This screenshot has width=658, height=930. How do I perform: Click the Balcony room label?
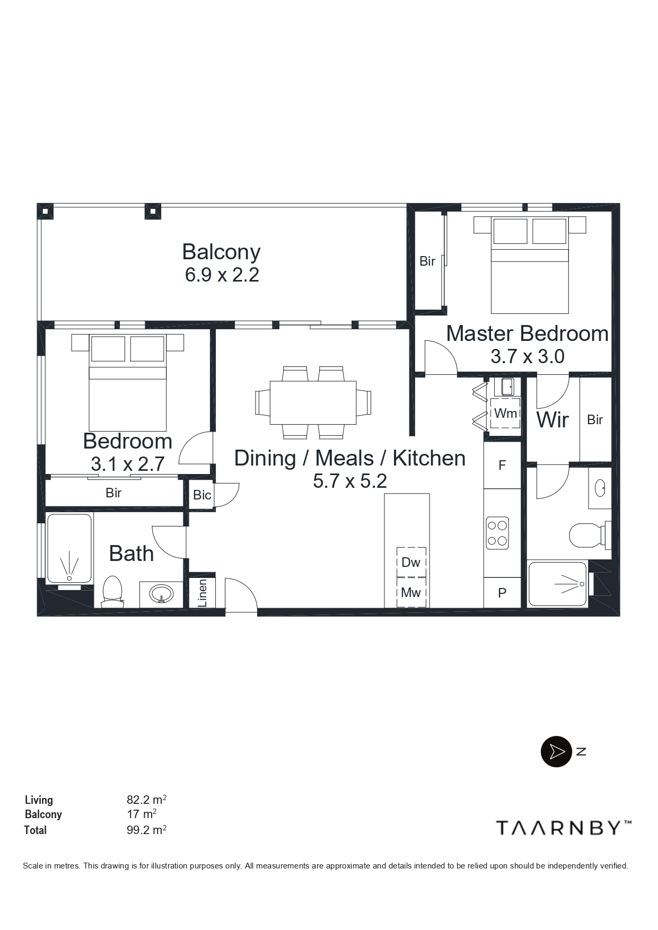(221, 252)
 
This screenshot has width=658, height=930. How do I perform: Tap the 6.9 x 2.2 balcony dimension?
(222, 275)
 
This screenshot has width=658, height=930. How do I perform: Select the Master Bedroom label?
(527, 334)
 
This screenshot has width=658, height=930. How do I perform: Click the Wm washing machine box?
(505, 413)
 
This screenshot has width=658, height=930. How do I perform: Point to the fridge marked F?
(502, 465)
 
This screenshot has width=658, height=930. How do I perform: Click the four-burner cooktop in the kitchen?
(497, 533)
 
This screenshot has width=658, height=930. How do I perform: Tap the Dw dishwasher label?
(411, 562)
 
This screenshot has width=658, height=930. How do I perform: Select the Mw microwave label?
(411, 592)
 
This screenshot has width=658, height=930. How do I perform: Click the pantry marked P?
(502, 593)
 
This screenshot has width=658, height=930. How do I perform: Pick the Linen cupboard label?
(202, 593)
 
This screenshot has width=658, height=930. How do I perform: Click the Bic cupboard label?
(202, 495)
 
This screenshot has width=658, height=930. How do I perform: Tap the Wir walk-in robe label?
(552, 420)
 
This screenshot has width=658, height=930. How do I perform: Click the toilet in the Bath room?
(112, 591)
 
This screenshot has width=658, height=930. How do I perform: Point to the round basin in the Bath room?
(161, 593)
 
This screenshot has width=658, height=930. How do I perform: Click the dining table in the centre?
(313, 402)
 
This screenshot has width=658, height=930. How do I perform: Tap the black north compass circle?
(556, 751)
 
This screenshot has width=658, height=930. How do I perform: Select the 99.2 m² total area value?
(146, 830)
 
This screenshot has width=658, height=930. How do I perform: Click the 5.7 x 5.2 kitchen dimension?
(350, 481)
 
